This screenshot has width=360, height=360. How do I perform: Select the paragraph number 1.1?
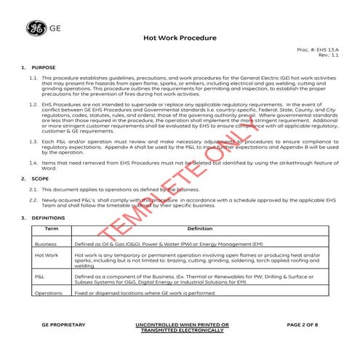33,77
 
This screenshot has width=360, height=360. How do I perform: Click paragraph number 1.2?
33,105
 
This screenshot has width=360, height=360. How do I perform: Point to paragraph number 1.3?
33,139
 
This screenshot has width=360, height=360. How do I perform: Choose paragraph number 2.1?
33,188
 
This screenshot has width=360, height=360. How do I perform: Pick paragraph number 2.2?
33,199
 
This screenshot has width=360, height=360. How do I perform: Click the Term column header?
52,229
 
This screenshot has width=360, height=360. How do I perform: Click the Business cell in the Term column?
46,244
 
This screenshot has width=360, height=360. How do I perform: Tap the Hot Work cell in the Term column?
47,256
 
